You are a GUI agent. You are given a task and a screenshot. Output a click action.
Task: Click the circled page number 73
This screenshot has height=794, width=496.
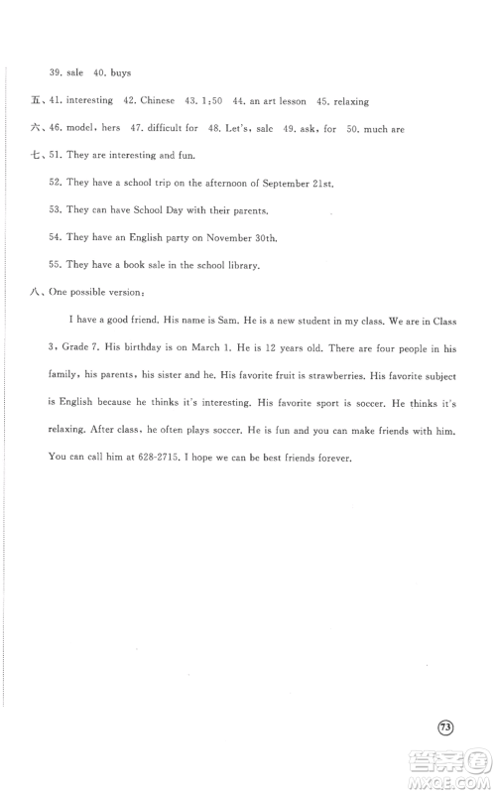[445, 727]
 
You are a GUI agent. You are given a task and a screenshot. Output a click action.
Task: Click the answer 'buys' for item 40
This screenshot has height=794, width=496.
[118, 72]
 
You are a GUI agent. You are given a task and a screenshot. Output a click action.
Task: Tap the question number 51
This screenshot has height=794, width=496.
[55, 156]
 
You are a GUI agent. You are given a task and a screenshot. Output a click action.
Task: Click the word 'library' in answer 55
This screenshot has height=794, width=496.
[238, 265]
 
